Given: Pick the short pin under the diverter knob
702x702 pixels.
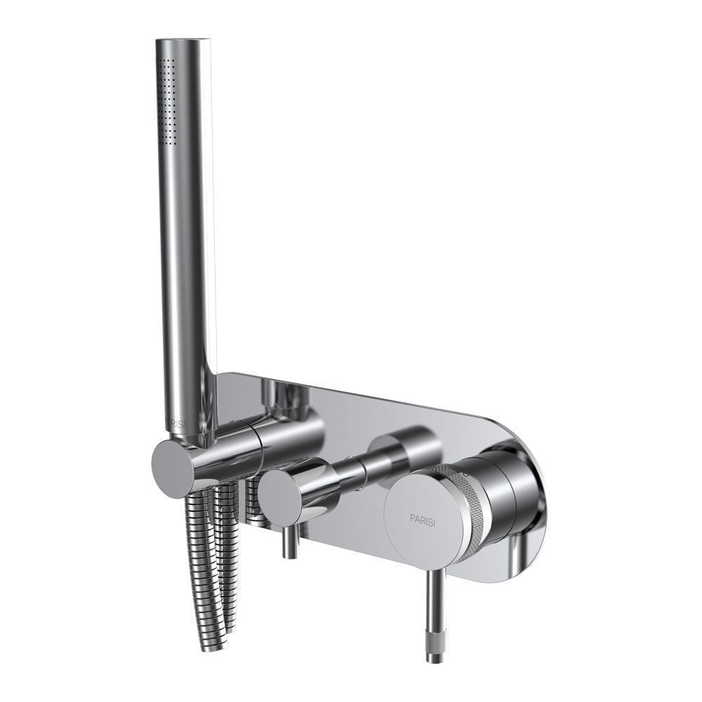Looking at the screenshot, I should (287, 544).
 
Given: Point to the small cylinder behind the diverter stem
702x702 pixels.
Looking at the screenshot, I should (402, 449).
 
